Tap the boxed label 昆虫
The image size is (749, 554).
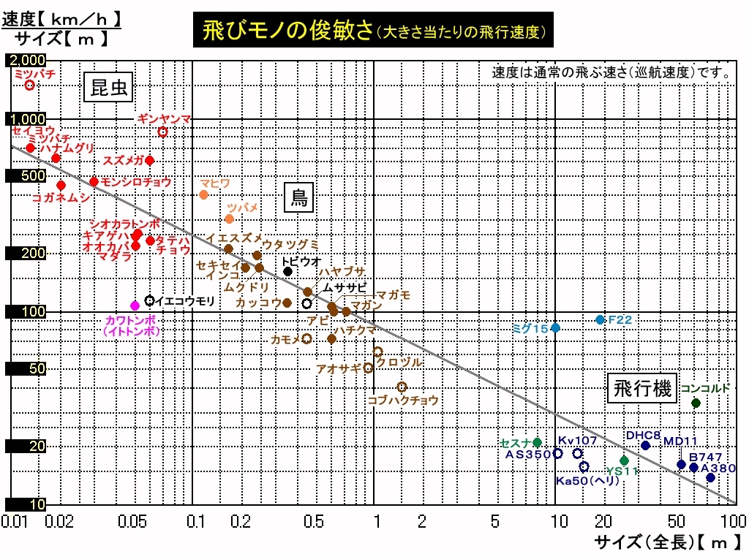click(x=109, y=88)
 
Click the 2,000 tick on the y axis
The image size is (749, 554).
click(x=26, y=60)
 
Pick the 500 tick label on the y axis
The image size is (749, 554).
click(x=26, y=176)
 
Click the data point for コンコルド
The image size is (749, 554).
click(x=696, y=403)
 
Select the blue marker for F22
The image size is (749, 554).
click(x=600, y=319)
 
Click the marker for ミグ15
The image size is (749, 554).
click(x=555, y=327)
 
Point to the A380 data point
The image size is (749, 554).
click(x=710, y=477)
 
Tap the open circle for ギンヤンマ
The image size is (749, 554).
click(x=163, y=132)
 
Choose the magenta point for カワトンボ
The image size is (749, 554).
click(x=135, y=306)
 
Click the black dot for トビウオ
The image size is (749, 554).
click(x=288, y=271)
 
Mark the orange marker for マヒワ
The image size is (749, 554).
click(x=204, y=194)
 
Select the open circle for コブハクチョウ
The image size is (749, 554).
click(x=402, y=387)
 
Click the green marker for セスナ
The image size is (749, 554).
click(x=537, y=442)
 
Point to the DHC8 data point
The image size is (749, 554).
click(x=645, y=445)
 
